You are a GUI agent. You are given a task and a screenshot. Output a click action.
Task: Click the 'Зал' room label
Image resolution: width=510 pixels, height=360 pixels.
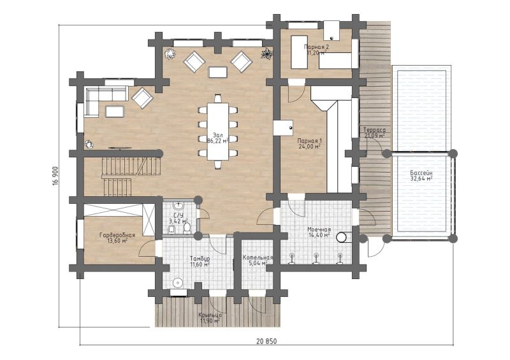tap(217, 134)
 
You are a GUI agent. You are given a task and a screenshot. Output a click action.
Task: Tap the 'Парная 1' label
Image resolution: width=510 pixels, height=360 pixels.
tap(309, 141)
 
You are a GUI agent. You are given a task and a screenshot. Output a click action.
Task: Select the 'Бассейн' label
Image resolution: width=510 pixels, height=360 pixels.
tap(421, 173)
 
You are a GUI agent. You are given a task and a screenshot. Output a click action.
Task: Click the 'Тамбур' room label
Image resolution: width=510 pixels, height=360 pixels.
tap(200, 258)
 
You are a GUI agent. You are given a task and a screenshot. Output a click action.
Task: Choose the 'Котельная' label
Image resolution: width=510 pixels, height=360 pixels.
tap(258, 257)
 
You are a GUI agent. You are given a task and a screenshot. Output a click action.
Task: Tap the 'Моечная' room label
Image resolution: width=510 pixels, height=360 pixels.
tap(319, 229)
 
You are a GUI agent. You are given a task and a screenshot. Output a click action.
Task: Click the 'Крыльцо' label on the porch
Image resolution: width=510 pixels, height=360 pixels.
tap(210, 315)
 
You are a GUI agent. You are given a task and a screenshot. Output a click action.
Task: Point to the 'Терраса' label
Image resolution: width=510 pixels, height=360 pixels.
tap(374, 129)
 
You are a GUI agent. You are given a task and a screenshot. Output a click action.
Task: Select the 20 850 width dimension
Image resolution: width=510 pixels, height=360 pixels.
tap(266, 341)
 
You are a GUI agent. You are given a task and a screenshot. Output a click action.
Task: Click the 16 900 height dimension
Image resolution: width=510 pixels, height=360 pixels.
tap(55, 176)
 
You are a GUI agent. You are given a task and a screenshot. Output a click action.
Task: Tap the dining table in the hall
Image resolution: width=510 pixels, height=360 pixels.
tap(217, 131)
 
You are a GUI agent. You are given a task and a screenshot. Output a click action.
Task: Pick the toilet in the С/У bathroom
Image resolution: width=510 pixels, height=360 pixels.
tap(187, 228)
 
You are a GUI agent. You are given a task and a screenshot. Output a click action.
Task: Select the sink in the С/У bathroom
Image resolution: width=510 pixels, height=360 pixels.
tap(178, 206)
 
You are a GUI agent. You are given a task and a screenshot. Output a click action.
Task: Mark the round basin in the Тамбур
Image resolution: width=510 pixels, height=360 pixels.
tap(178, 283)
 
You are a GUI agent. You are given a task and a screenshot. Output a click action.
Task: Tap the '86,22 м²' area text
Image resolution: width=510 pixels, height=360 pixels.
tap(217, 140)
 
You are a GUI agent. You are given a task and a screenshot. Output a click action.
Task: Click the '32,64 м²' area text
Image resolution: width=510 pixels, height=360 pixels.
tap(421, 178)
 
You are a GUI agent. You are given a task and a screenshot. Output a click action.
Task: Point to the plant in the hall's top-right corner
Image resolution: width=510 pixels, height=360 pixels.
tap(266, 53)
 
